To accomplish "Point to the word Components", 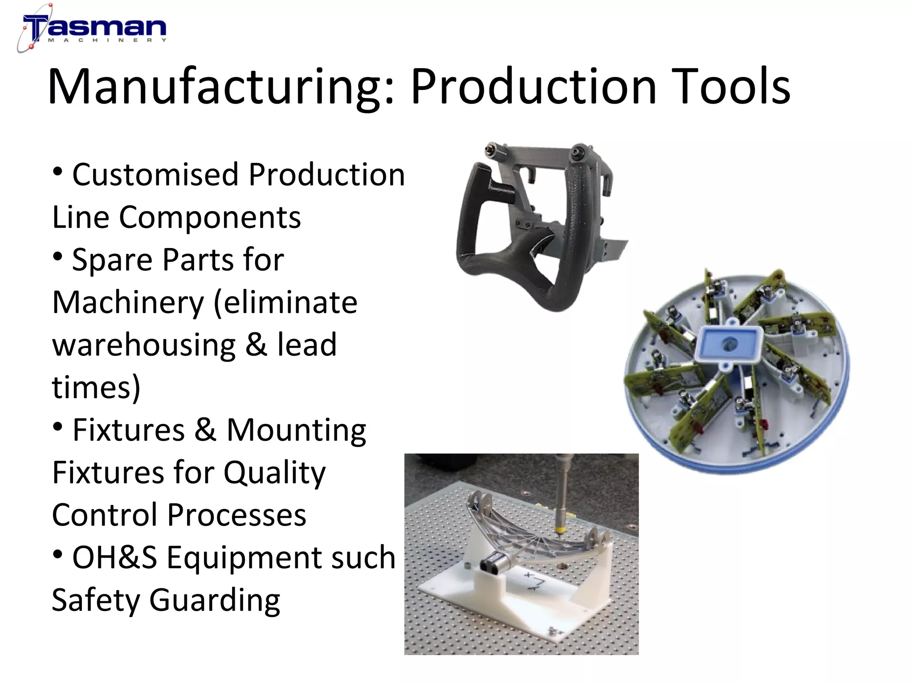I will pos(210,217).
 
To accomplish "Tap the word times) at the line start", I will pos(96,387).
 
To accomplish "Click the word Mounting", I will pos(297,430).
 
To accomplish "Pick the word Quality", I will pos(274,473).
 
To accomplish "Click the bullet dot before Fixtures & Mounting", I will pos(57,426).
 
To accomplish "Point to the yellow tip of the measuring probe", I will pos(559,530).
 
